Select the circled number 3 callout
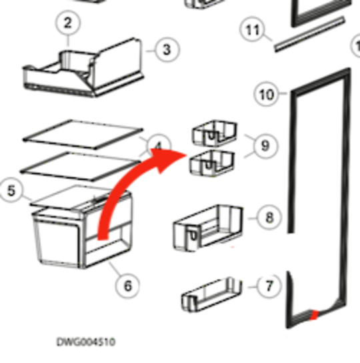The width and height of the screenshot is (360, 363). tap(167, 49)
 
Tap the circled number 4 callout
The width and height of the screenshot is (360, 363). tap(158, 146)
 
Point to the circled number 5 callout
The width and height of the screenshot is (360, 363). tap(11, 191)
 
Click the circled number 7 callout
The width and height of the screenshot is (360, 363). tap(269, 287)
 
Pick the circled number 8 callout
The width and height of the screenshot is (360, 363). tap(269, 218)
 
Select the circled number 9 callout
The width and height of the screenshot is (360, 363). tap(265, 145)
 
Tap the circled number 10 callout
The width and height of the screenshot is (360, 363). tap(266, 95)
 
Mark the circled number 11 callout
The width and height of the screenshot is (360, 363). tap(252, 31)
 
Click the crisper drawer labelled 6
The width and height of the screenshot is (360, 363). tap(73, 237)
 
